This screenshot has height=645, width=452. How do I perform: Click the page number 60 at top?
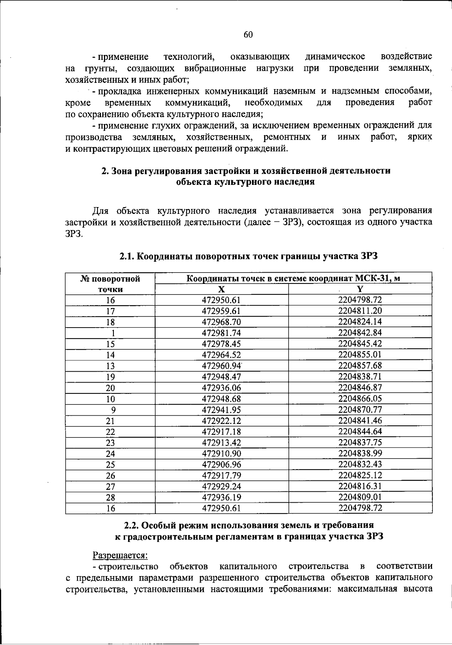(x=248, y=35)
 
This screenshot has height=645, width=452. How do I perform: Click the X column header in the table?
(x=221, y=289)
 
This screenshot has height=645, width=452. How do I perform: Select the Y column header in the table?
(x=360, y=289)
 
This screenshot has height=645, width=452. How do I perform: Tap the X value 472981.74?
(x=221, y=333)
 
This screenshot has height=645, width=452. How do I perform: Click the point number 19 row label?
(x=110, y=377)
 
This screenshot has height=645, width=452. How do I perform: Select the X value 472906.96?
(x=221, y=464)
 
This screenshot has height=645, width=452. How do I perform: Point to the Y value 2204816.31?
(x=360, y=486)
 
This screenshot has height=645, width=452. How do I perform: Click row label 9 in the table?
(x=113, y=410)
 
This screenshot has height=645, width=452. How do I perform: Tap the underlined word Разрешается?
(x=120, y=555)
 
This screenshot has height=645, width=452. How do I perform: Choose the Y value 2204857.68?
(x=360, y=366)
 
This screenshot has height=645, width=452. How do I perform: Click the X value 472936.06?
(x=221, y=388)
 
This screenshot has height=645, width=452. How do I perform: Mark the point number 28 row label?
(x=110, y=497)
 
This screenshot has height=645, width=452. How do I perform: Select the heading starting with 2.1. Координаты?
(x=248, y=256)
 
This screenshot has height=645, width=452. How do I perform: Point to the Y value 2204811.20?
(x=360, y=311)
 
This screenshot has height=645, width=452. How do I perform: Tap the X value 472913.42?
(x=221, y=442)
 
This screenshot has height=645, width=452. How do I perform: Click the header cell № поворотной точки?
(x=110, y=284)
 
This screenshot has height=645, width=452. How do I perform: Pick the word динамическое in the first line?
(x=335, y=57)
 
